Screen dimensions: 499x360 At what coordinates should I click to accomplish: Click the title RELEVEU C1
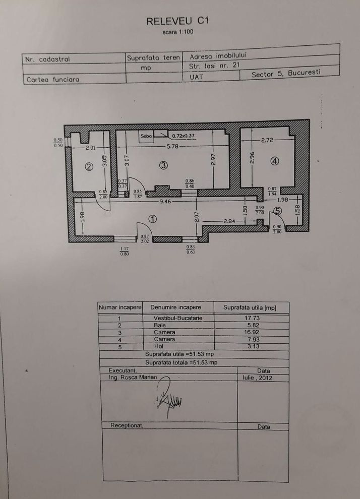177,21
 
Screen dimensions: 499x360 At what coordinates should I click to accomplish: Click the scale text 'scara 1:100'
177,32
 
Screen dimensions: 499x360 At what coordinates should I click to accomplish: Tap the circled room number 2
88,167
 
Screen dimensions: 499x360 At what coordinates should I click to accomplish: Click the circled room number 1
153,219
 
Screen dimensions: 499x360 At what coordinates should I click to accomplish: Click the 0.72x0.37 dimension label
183,136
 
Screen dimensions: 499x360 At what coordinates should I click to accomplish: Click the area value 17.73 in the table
251,318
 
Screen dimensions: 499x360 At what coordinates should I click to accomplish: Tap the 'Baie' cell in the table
160,326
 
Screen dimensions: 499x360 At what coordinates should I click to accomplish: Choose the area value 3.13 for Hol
251,347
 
